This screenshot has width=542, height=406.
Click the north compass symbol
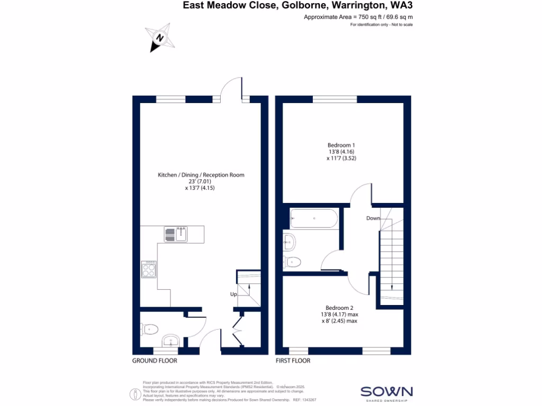(x=159, y=38)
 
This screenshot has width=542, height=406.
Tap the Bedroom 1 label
(x=341, y=145)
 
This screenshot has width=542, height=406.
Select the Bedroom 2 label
(x=339, y=308)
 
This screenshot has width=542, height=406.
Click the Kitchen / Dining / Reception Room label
(x=201, y=174)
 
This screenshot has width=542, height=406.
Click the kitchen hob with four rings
(x=148, y=270)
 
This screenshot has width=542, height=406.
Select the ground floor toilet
(x=151, y=329)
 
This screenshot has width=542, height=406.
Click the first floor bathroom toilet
(x=293, y=261)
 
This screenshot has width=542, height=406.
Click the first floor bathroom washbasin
(x=289, y=242)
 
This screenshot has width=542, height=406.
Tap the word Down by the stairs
(x=373, y=218)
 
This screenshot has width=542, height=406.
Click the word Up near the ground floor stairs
(x=233, y=294)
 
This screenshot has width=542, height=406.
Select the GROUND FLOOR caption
(x=155, y=361)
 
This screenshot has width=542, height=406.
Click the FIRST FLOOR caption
(x=293, y=361)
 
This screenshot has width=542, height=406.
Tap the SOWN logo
(x=386, y=392)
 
